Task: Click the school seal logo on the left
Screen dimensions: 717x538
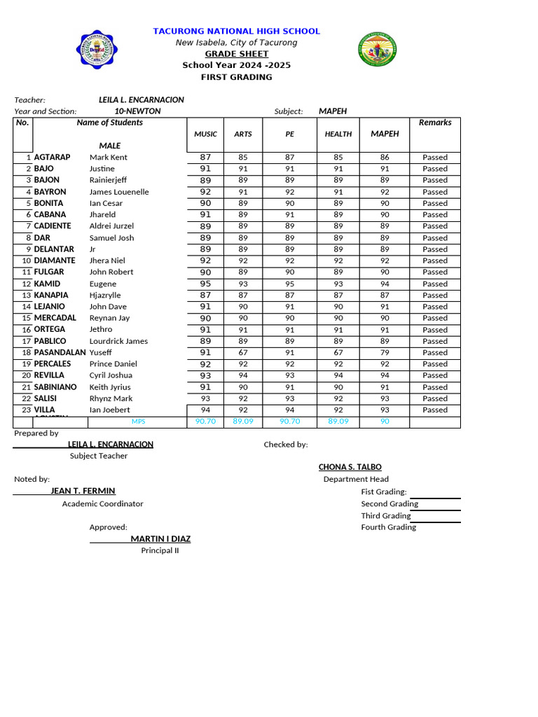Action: point(97,50)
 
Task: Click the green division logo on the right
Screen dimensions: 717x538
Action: point(378,50)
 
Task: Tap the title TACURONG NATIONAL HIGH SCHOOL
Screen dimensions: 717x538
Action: point(236,32)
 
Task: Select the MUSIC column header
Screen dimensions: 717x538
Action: point(205,134)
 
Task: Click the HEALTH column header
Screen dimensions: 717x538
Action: point(338,134)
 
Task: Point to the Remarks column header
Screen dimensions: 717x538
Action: point(435,123)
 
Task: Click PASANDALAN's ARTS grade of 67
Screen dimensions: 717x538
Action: point(243,353)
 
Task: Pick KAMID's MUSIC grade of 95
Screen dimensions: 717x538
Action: point(205,284)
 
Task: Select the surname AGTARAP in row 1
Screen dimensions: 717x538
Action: point(52,158)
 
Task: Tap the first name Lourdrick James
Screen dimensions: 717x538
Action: point(118,342)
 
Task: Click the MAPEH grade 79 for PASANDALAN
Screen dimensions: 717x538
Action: point(385,353)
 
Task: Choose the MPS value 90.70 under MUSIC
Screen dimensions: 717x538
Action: point(205,422)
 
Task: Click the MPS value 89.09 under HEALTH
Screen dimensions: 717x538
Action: point(338,422)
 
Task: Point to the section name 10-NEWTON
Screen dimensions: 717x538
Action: point(137,111)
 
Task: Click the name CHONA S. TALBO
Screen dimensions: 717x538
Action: point(350,467)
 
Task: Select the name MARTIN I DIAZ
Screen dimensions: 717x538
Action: point(160,539)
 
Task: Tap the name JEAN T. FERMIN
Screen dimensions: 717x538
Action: point(83,492)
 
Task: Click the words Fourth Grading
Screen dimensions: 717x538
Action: point(388,527)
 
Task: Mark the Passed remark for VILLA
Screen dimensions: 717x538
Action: point(435,410)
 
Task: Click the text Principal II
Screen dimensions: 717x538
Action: point(160,550)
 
